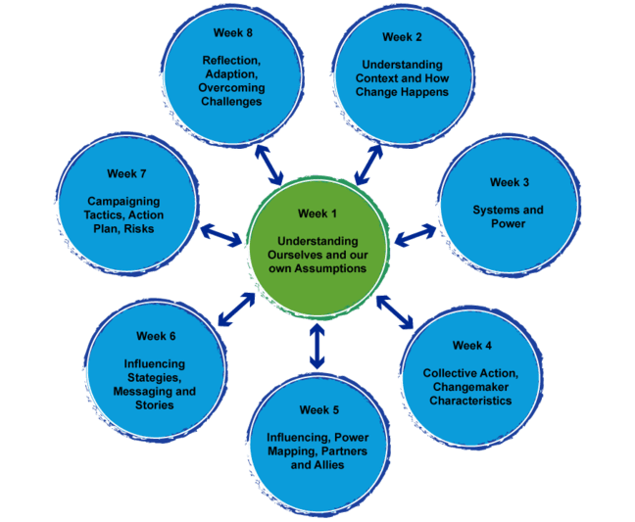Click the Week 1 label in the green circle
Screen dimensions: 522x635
tap(316, 213)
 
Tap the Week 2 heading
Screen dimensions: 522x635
tap(402, 37)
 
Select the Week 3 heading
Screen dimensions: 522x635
tap(510, 182)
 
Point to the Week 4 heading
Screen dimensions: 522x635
tap(472, 345)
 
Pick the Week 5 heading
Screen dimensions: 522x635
tap(319, 409)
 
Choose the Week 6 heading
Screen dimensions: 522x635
tap(156, 336)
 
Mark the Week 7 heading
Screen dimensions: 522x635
tap(127, 174)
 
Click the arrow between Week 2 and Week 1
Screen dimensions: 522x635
tap(368, 164)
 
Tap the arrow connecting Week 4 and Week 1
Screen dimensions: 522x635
tap(395, 310)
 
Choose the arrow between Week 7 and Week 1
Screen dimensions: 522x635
tap(222, 234)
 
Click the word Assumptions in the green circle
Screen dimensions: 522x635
tap(330, 268)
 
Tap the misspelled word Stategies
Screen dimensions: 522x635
tap(155, 377)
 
